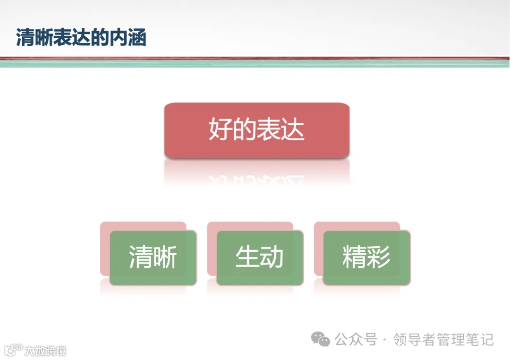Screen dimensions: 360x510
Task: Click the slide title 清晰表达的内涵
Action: pos(81,38)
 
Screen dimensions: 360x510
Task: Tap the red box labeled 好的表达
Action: pos(256,130)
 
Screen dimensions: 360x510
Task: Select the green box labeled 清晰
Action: pos(153,258)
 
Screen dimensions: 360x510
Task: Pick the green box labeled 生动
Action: pos(260,258)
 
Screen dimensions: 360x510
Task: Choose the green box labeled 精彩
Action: pos(366,258)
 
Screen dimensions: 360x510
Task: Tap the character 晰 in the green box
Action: pos(165,258)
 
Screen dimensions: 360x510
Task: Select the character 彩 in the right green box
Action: pos(379,258)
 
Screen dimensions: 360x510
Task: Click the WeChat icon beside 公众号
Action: pos(321,339)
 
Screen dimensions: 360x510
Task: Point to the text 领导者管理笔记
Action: pos(443,339)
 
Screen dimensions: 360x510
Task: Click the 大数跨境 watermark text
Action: pos(45,351)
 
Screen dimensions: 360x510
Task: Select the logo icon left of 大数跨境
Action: pos(13,350)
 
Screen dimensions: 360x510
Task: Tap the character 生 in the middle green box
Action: pos(247,258)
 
